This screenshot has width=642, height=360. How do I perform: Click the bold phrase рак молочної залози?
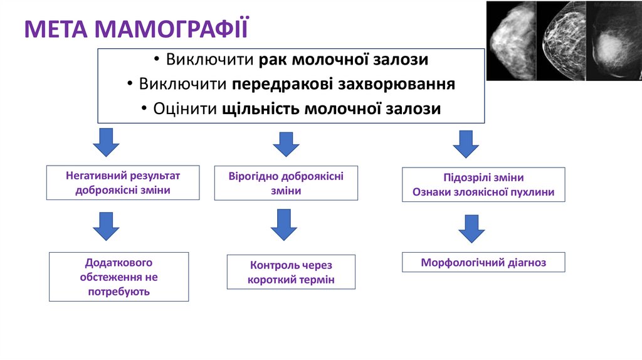(x=344, y=60)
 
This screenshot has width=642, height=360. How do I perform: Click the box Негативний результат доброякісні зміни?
(x=123, y=183)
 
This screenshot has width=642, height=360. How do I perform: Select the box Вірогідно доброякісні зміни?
(x=286, y=183)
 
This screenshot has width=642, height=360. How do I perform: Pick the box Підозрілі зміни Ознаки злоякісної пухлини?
(x=483, y=184)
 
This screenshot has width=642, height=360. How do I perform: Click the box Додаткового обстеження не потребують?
(x=118, y=277)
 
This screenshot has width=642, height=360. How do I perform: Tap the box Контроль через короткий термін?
(x=291, y=272)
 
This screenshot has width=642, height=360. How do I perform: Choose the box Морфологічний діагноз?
(x=483, y=262)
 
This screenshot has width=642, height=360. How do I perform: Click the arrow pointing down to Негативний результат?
(x=106, y=142)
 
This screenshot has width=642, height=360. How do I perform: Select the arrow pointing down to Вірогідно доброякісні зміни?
(x=286, y=144)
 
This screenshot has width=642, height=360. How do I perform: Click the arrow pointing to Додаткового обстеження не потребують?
(x=106, y=226)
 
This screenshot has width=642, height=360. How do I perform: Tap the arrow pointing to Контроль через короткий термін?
(x=284, y=225)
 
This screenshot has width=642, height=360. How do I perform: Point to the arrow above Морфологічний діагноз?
(x=471, y=228)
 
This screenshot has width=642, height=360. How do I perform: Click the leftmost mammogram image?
(x=510, y=41)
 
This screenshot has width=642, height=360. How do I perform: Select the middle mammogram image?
(x=560, y=41)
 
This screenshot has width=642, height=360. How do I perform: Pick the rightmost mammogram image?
(x=613, y=41)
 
